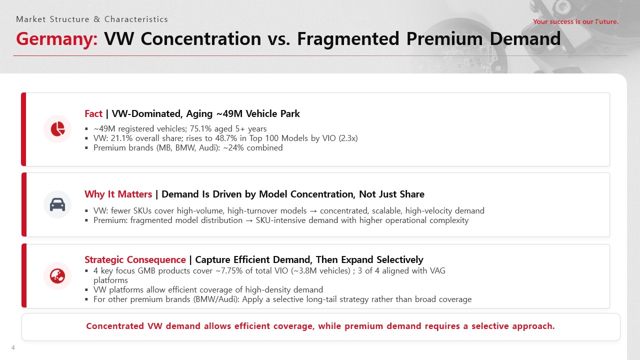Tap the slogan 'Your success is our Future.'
[575, 21]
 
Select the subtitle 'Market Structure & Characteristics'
[92, 19]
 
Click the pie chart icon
[57, 129]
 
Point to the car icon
[57, 204]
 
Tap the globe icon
[57, 276]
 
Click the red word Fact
[93, 113]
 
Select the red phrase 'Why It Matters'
[118, 194]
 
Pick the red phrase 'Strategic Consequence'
[135, 259]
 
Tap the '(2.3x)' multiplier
[348, 138]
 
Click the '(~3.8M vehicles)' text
[320, 271]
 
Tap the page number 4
[13, 347]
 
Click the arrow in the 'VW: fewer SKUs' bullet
[313, 211]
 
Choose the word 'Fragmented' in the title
[348, 39]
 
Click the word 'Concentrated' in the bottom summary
[115, 326]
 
